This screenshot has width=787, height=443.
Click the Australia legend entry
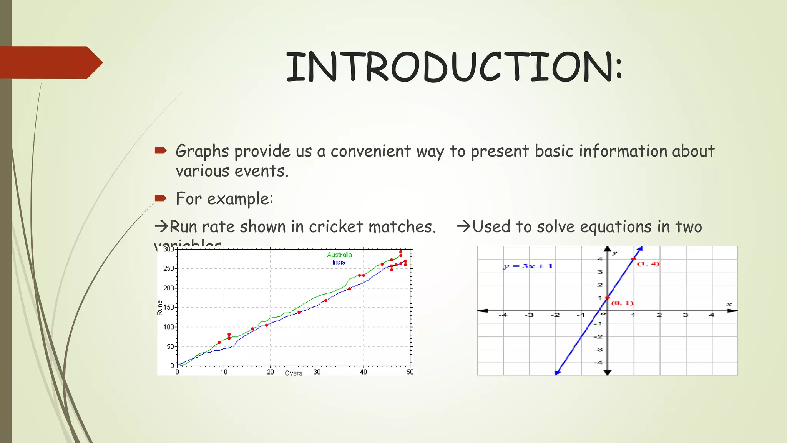[x=339, y=255]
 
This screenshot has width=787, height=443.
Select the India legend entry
[x=339, y=262]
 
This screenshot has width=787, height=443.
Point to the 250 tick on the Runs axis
[x=169, y=268]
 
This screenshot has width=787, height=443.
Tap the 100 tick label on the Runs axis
[x=169, y=327]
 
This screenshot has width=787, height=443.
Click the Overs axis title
[x=294, y=373]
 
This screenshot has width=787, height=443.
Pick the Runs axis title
[x=160, y=308]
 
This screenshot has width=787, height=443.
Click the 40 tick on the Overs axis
[x=364, y=372]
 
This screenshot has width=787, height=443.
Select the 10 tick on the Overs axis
[x=224, y=372]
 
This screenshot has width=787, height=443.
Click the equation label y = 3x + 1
[x=528, y=266]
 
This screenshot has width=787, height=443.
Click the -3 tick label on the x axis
[x=529, y=315]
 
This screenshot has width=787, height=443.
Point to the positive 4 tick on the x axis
[x=711, y=315]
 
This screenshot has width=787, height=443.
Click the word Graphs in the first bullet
[x=202, y=151]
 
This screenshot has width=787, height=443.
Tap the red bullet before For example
[x=160, y=198]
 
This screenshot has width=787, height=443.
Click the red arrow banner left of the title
[x=50, y=62]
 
